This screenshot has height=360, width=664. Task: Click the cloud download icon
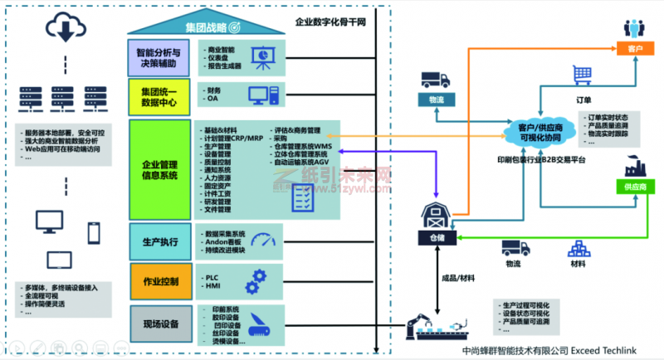[x=63, y=30]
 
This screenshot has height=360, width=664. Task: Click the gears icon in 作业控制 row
[x=259, y=277]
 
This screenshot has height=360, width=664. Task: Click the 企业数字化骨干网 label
[x=331, y=24]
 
